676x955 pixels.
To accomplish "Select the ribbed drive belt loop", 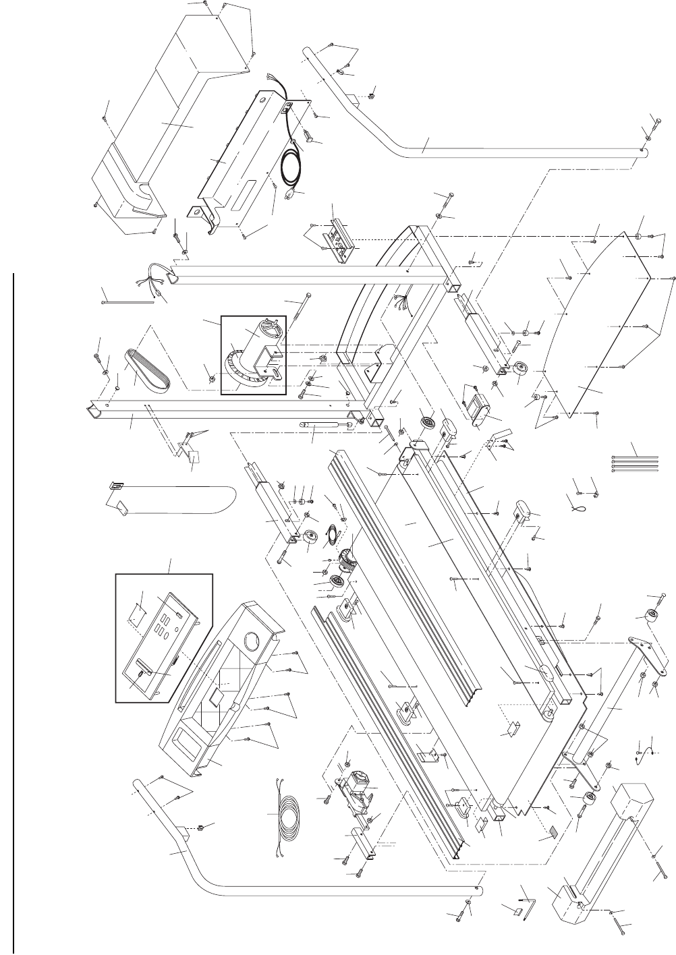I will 148,372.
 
